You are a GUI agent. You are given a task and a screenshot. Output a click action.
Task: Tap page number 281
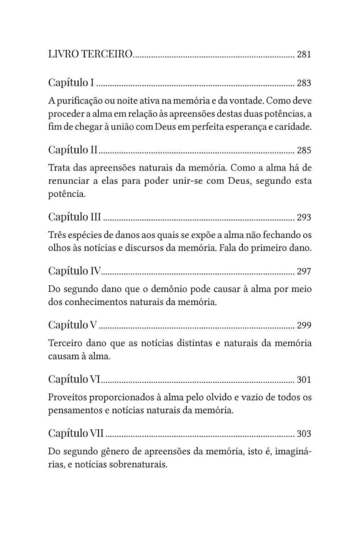pyautogui.click(x=304, y=55)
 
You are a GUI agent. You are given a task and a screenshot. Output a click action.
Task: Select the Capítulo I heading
pyautogui.click(x=71, y=83)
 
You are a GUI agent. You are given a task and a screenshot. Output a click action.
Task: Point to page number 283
pyautogui.click(x=304, y=83)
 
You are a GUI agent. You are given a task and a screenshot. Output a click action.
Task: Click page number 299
pyautogui.click(x=304, y=325)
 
